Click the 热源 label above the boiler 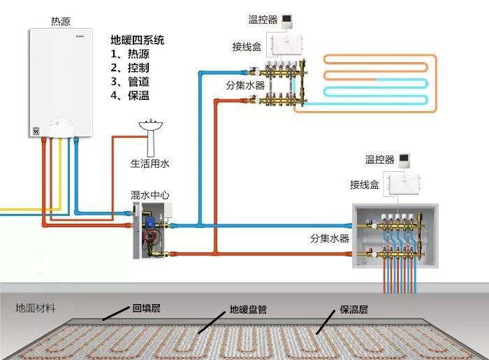click(61, 22)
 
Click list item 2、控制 click(130, 68)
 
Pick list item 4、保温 click(130, 95)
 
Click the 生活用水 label click(150, 164)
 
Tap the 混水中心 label click(150, 195)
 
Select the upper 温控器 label click(263, 20)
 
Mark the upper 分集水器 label click(245, 85)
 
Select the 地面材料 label click(35, 308)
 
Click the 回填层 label click(147, 308)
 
